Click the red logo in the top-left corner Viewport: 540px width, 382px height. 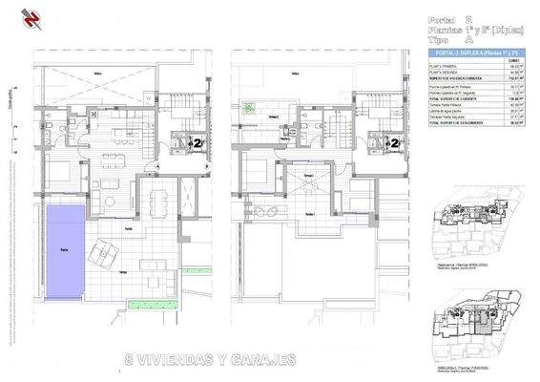(12, 16)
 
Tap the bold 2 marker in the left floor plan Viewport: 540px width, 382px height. (196, 143)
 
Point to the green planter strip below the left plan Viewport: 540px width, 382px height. (153, 306)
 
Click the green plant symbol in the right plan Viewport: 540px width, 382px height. (249, 108)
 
